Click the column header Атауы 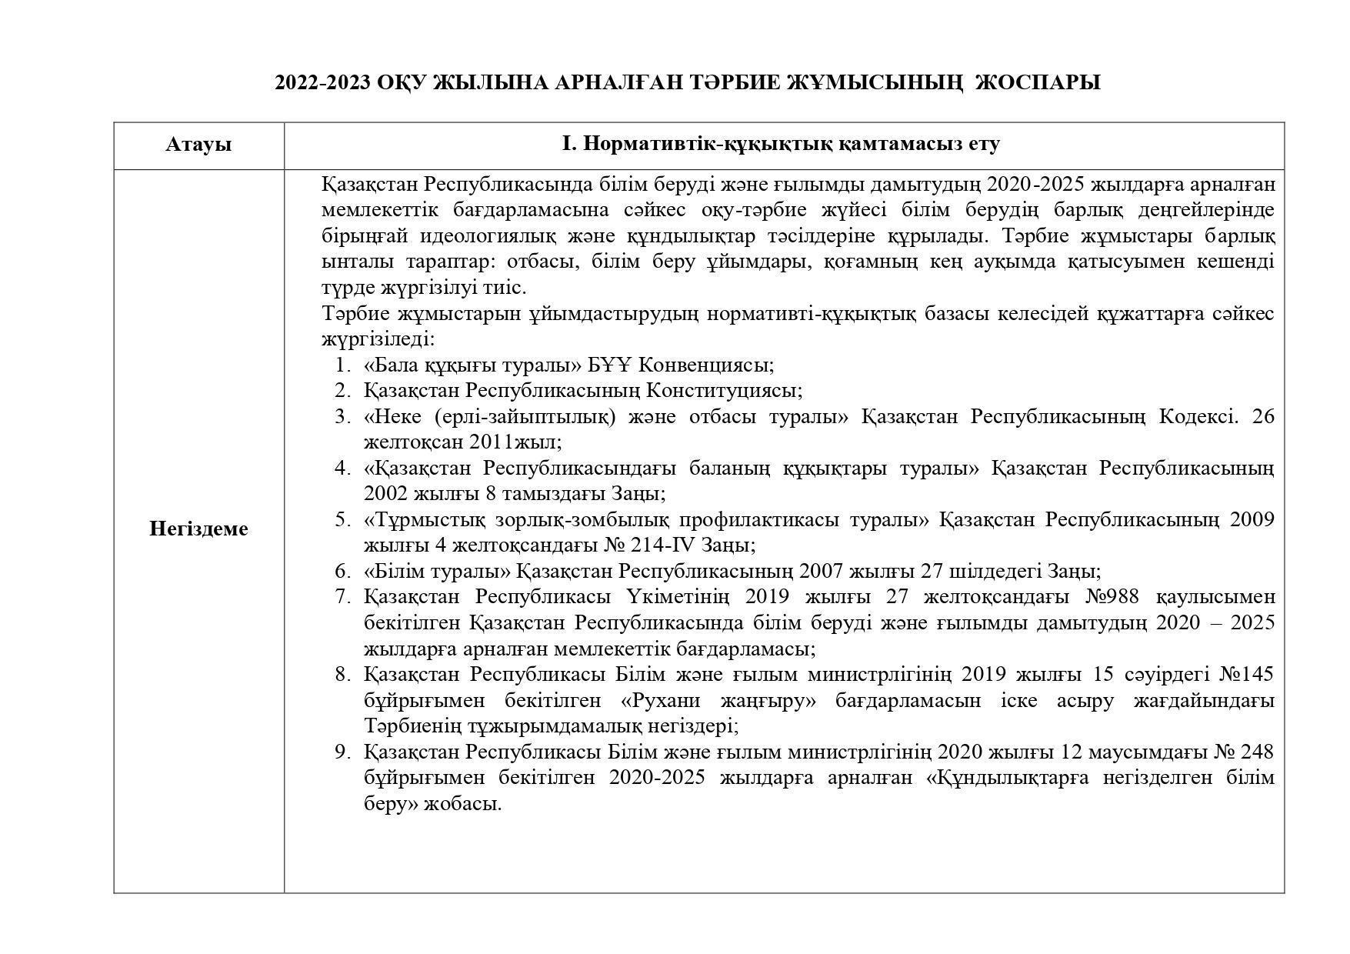[198, 145]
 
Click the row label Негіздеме [198, 529]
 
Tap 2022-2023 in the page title [322, 82]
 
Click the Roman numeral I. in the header [568, 144]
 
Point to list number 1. [343, 365]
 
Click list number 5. [343, 520]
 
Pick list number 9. [343, 752]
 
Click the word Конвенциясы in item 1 [705, 365]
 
